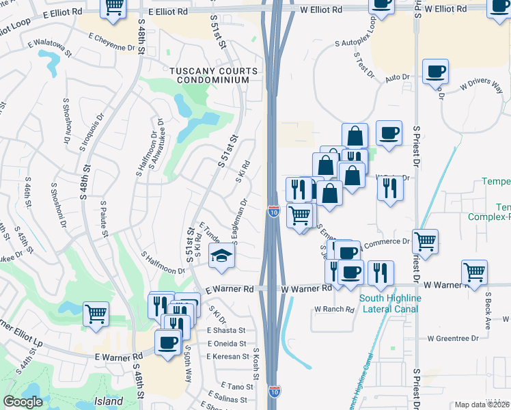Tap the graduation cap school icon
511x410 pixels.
point(221,258)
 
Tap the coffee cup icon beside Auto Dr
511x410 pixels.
point(435,72)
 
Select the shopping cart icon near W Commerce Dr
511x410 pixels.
point(425,241)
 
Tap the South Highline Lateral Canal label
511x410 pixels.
point(391,303)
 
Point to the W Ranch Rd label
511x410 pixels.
point(334,310)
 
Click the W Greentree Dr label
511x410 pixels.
point(456,338)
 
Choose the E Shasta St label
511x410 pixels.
point(226,330)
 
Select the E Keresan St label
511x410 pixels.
point(228,356)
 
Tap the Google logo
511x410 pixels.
point(23,402)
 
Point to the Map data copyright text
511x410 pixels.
point(482,405)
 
